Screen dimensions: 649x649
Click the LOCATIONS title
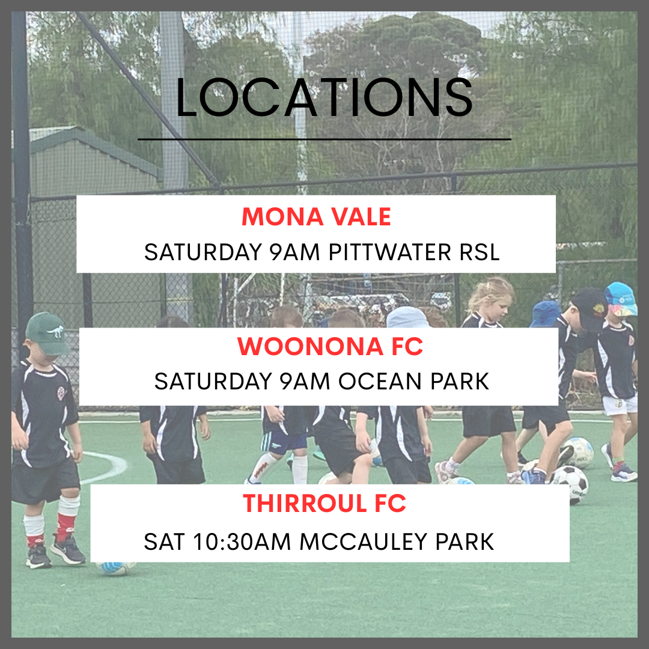tap(324, 97)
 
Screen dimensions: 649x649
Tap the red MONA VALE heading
tap(316, 216)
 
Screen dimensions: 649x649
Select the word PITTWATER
tap(389, 252)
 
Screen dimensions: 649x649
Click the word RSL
tap(480, 252)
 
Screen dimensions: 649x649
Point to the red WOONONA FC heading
tap(330, 346)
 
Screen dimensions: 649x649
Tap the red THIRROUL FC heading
tap(324, 503)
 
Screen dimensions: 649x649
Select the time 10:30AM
tap(242, 541)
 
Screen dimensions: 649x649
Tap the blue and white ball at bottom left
tap(114, 568)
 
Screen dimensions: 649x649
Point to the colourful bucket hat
tap(620, 299)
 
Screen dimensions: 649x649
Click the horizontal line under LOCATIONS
tap(324, 139)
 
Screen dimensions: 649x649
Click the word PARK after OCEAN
tap(460, 381)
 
